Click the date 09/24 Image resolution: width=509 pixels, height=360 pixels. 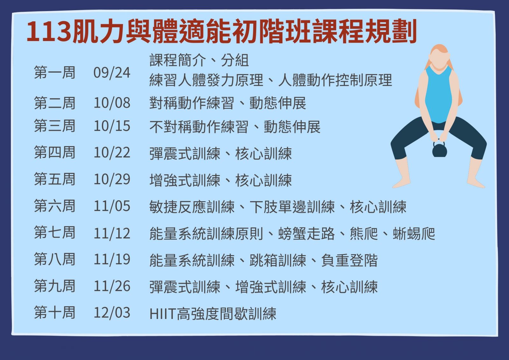tap(112, 73)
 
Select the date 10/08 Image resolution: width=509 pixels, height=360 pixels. tap(112, 103)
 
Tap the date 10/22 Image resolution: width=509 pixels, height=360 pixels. tap(112, 152)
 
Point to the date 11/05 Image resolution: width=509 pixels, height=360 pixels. tap(112, 206)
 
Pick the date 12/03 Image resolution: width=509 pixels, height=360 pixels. tap(112, 313)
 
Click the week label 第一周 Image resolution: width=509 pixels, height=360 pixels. tap(54, 73)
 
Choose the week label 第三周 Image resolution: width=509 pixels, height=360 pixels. tap(54, 126)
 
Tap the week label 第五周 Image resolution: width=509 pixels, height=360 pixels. tap(54, 179)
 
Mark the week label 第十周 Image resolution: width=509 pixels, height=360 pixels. tap(54, 312)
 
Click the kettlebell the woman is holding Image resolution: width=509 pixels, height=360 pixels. tap(439, 150)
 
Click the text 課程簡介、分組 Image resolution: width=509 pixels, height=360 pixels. tap(199, 60)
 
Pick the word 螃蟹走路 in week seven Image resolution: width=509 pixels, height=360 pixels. tap(307, 234)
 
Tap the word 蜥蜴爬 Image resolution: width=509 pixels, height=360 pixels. tap(414, 234)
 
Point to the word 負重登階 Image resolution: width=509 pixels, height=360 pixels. tap(349, 260)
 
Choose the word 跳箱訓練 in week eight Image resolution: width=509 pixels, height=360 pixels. tap(278, 260)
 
